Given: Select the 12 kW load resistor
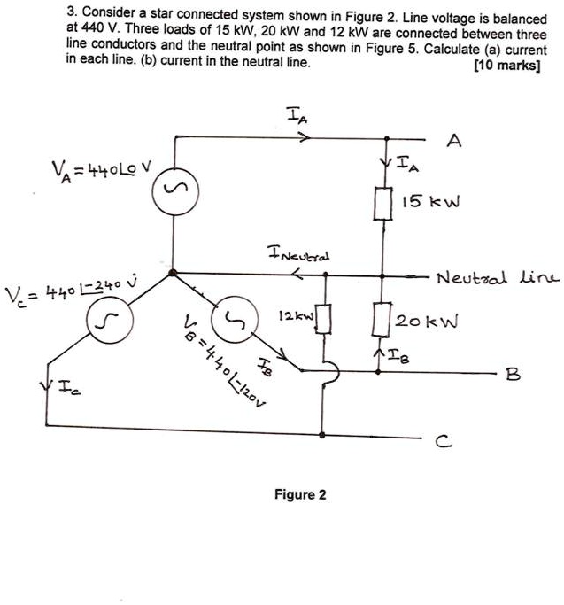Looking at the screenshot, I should [x=324, y=317].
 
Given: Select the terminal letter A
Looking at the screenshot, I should [x=455, y=142].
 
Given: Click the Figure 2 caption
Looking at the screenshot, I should [x=299, y=494].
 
